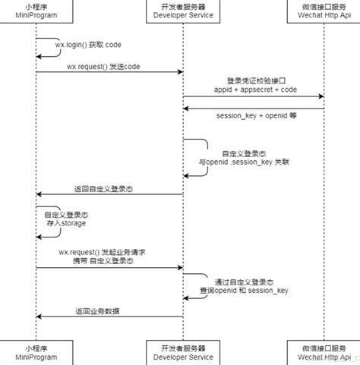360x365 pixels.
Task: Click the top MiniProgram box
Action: click(x=36, y=13)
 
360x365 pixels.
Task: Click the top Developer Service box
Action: click(x=182, y=13)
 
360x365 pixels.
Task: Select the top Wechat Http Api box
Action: click(x=324, y=13)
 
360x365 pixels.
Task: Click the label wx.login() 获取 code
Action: click(x=87, y=45)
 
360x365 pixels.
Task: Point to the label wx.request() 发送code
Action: click(x=103, y=66)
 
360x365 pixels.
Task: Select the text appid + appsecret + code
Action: click(x=255, y=90)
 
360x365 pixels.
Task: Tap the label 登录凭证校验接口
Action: click(x=255, y=80)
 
